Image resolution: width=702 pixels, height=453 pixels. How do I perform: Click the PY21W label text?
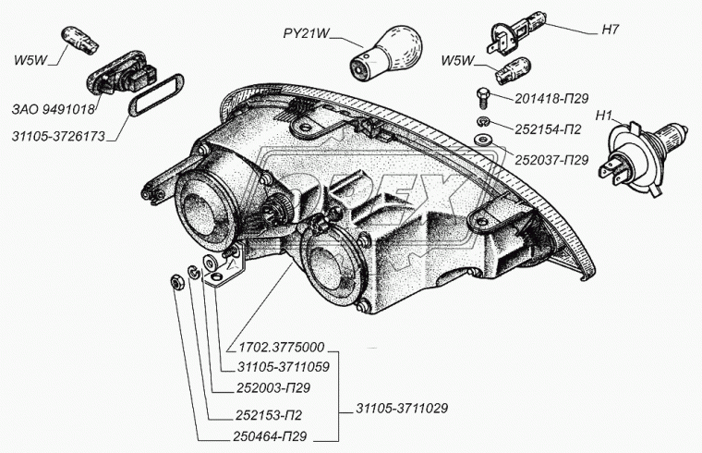(x=304, y=34)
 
